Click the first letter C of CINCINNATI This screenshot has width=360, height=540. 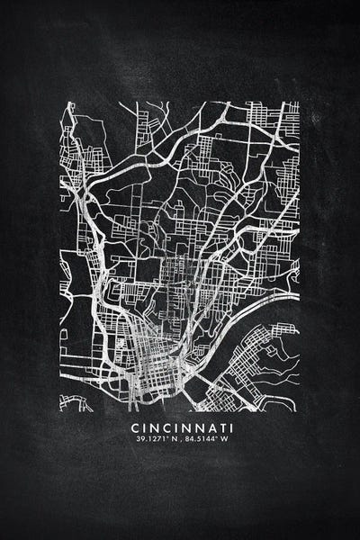[134, 427]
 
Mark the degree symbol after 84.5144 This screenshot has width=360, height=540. [214, 437]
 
